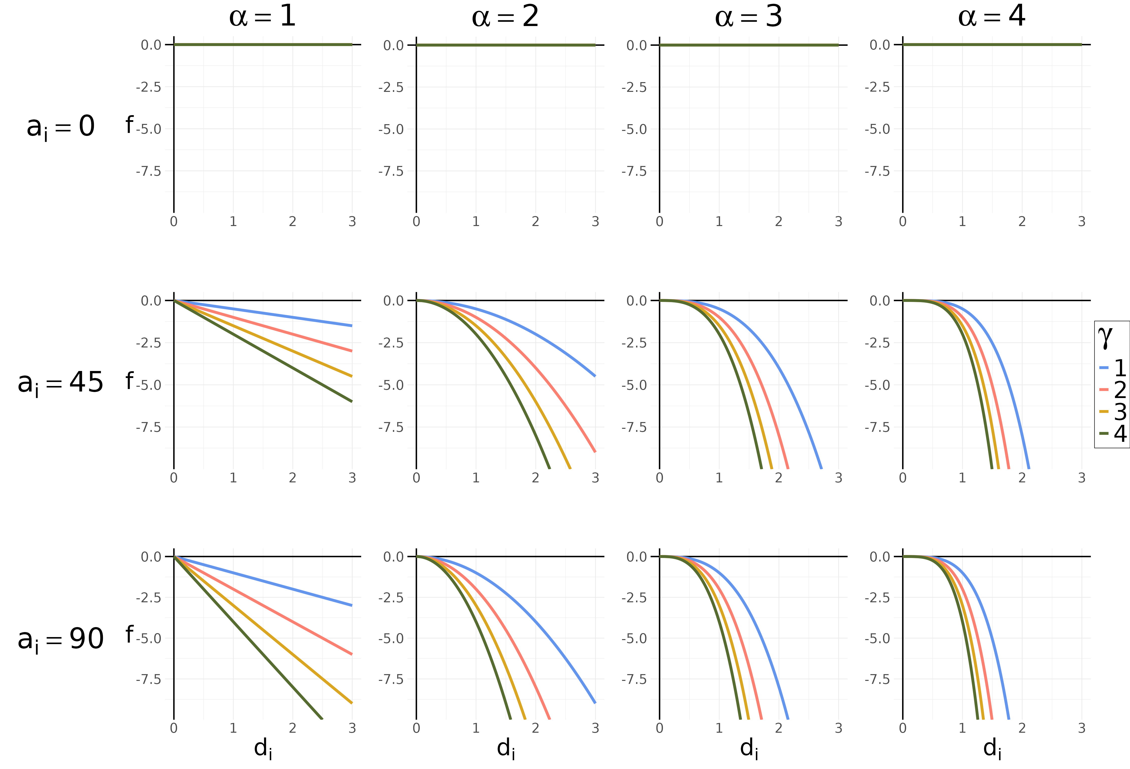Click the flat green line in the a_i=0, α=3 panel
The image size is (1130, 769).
749,45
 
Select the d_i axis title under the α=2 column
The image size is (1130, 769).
506,748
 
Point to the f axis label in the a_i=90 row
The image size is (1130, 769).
129,634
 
